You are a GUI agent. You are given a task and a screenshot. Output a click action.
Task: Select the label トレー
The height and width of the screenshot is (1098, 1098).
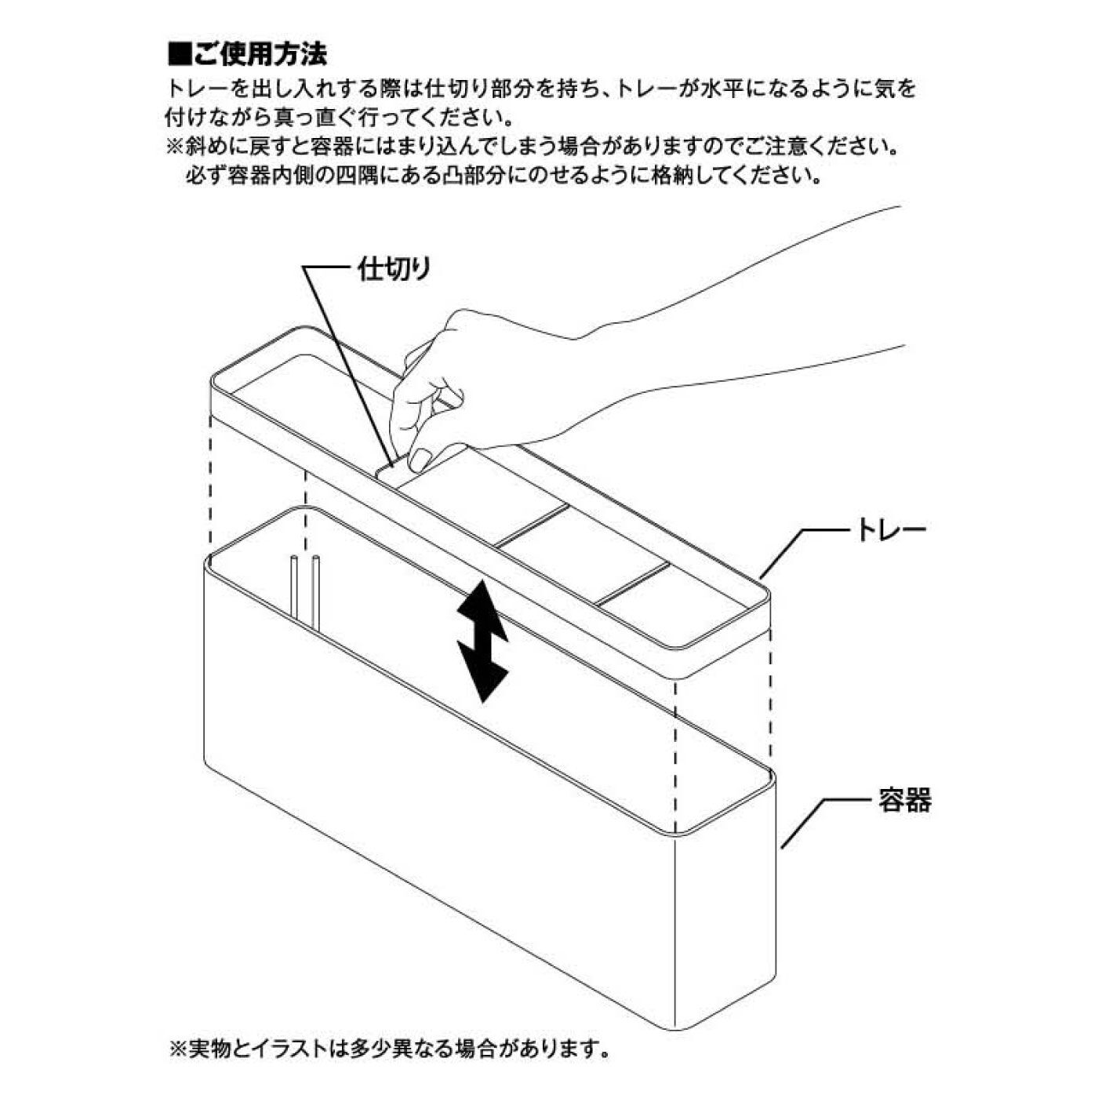(x=890, y=530)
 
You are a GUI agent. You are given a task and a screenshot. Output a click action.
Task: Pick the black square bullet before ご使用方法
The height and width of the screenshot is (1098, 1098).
(x=180, y=55)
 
